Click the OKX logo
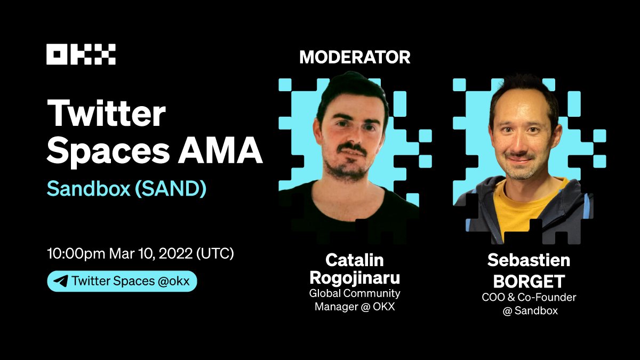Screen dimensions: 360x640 [81, 54]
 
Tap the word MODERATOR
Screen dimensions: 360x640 [355, 57]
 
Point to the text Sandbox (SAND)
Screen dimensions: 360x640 [126, 189]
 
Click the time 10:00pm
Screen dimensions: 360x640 [76, 253]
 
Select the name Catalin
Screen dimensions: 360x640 [355, 260]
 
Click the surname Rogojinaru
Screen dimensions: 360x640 [355, 278]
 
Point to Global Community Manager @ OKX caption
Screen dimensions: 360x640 [355, 300]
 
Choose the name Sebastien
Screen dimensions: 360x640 [529, 260]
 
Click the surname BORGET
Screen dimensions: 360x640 [529, 278]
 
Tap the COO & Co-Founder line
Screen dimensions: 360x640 [529, 297]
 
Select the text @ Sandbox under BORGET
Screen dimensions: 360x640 [529, 310]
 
